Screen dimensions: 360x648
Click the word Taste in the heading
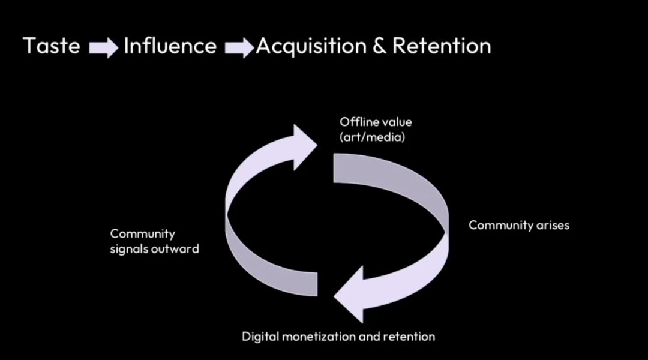pos(52,46)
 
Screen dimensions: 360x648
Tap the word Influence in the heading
pos(170,46)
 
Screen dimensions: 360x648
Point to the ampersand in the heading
pos(379,46)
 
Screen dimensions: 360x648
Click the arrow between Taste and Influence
pos(103,48)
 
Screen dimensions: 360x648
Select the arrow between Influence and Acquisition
pos(239,48)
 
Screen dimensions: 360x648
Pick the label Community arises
pos(518,226)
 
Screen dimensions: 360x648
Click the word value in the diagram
pos(395,122)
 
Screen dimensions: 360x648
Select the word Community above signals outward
pos(142,233)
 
